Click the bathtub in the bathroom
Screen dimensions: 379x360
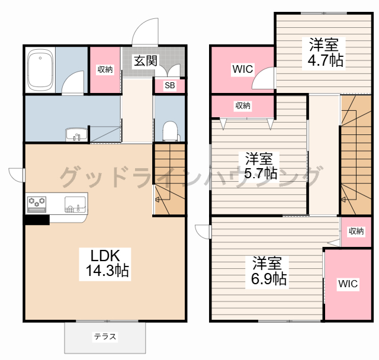(x=40, y=70)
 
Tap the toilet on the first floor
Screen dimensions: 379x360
(x=171, y=131)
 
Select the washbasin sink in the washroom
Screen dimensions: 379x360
(x=76, y=134)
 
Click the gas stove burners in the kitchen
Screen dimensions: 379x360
(x=37, y=204)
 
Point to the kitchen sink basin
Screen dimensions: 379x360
(x=75, y=205)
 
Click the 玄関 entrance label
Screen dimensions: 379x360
(x=146, y=60)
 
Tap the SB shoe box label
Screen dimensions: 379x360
(x=170, y=85)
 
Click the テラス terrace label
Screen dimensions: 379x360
(x=105, y=336)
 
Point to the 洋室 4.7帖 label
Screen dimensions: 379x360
(x=325, y=52)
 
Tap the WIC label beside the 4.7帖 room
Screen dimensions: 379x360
(x=243, y=69)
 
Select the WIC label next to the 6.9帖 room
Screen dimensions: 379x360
(x=348, y=284)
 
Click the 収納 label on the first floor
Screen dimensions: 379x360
(x=105, y=70)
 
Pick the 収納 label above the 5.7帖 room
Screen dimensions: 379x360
(x=243, y=105)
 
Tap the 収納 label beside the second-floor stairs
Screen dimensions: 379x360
(x=356, y=232)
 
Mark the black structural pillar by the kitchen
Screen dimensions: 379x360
(x=37, y=220)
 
